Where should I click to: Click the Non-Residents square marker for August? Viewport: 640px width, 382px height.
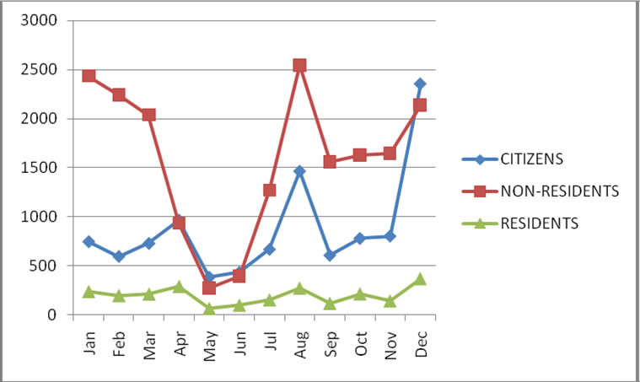click(299, 65)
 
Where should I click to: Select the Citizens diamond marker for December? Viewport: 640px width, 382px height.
click(420, 83)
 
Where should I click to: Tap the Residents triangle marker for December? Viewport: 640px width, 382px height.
click(420, 279)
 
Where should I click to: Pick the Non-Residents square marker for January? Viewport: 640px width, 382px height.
click(89, 76)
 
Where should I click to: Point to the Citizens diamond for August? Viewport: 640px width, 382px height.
click(299, 171)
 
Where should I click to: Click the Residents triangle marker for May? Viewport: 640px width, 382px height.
click(209, 309)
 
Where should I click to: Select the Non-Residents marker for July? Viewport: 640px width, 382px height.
click(269, 191)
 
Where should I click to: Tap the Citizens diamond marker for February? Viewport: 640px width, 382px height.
click(119, 256)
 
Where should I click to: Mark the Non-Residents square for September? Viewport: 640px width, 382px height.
click(330, 161)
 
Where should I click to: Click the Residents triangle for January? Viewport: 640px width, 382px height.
click(89, 292)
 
